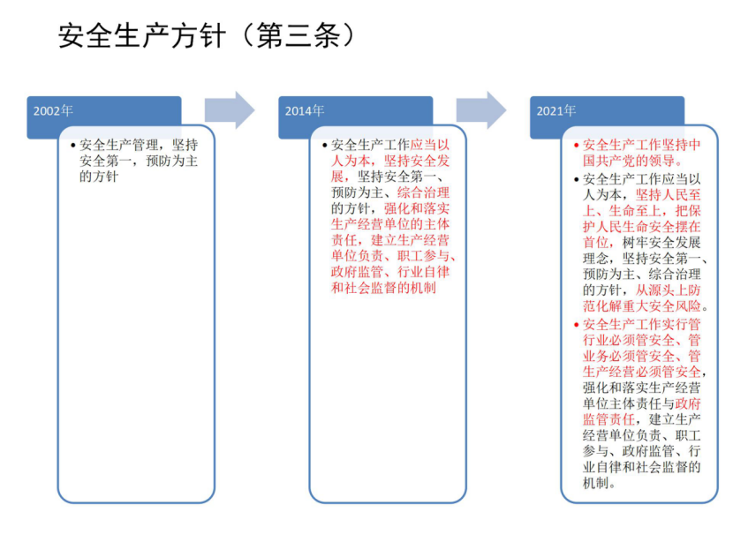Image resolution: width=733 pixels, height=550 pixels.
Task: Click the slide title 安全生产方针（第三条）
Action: [x=206, y=35]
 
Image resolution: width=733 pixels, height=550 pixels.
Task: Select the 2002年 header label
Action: [x=53, y=110]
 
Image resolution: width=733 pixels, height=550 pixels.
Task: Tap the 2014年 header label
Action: [x=305, y=110]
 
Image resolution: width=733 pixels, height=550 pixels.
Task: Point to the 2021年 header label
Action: [x=555, y=110]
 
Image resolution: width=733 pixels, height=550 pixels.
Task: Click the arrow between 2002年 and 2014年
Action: [x=230, y=110]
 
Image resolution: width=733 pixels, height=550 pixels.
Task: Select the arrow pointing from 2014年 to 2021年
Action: [x=481, y=110]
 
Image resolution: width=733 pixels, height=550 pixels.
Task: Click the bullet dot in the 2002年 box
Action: [x=73, y=146]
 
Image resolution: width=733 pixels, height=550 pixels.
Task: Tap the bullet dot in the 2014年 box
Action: [x=324, y=146]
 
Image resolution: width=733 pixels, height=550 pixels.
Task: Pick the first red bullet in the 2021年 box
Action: [x=576, y=146]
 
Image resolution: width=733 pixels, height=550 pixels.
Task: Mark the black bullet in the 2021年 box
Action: [x=576, y=179]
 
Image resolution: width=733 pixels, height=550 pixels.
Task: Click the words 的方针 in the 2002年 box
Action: [x=99, y=177]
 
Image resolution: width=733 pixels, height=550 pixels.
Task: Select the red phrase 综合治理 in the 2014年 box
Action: [x=424, y=192]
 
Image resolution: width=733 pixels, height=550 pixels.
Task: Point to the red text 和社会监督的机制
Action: [x=383, y=288]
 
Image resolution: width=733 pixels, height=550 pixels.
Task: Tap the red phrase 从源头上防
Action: [x=668, y=290]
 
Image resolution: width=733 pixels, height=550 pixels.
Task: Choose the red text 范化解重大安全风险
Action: [x=641, y=306]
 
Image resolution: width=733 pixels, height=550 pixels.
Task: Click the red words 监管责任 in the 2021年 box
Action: [x=608, y=419]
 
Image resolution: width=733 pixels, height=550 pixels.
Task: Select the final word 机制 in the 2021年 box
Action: [x=595, y=483]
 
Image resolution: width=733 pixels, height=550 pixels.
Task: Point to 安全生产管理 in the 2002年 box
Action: [x=118, y=145]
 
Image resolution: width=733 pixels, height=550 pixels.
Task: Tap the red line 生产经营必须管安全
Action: [x=641, y=372]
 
